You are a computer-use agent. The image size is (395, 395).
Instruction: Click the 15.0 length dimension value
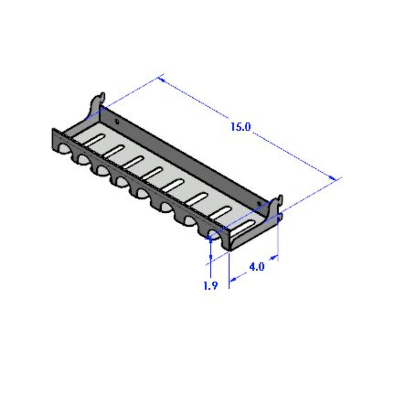pyautogui.click(x=241, y=126)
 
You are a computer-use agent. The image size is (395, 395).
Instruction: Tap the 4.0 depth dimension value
pyautogui.click(x=257, y=267)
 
